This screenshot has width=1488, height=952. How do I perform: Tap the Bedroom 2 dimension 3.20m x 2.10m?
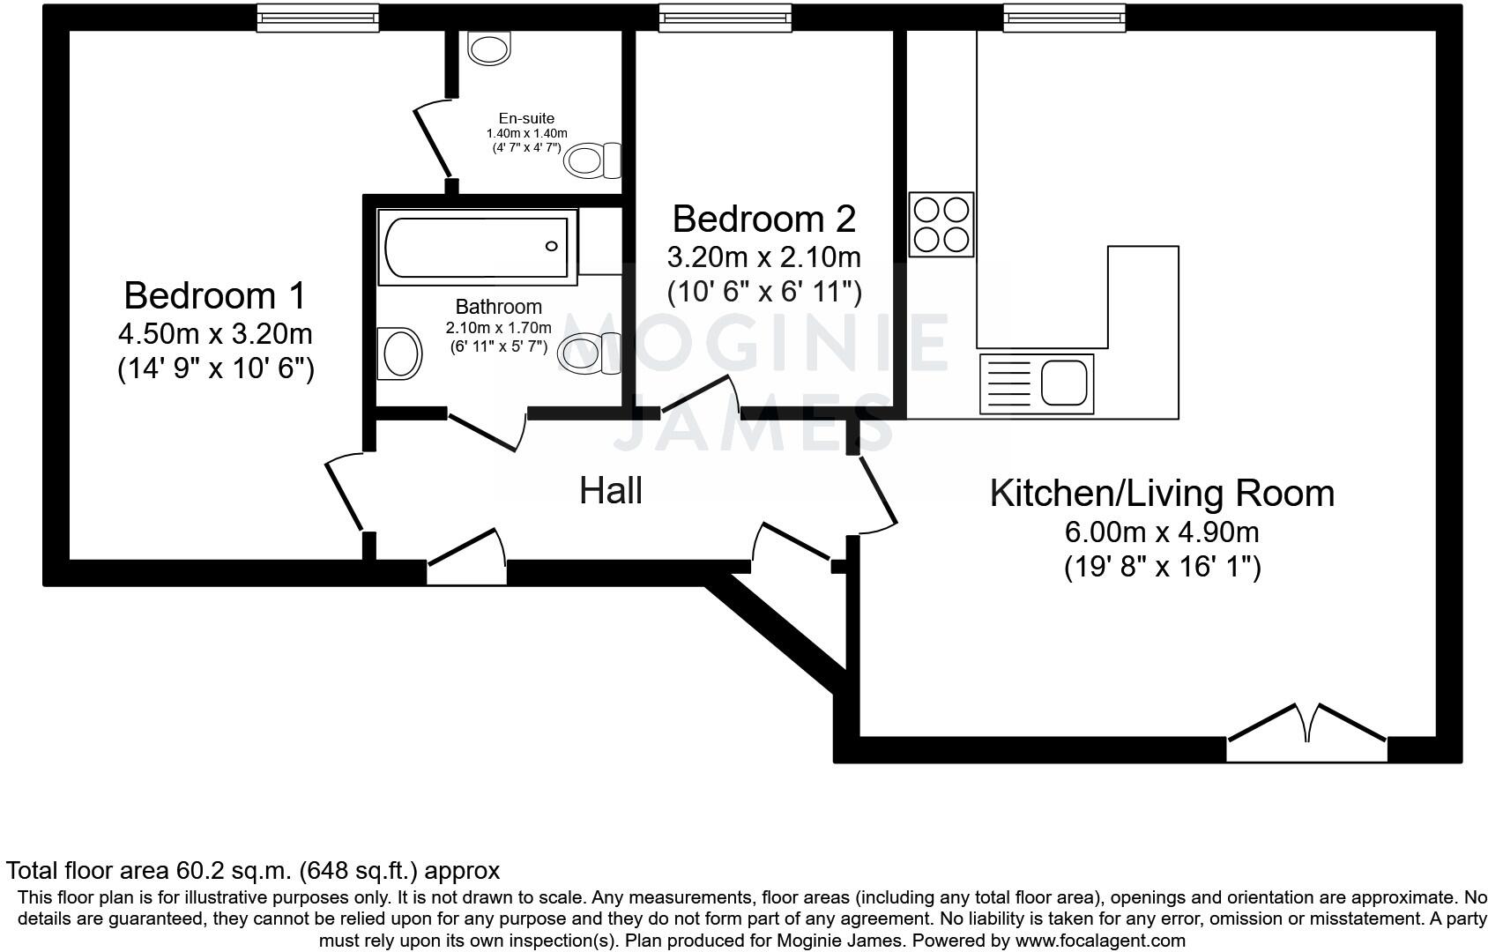763,257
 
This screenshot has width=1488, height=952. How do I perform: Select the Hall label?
610,491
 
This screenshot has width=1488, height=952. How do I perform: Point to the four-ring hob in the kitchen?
941,224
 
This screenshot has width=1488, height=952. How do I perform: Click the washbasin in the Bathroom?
399,353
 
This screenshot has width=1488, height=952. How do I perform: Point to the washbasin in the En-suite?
489,48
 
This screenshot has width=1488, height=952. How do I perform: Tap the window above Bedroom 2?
725,17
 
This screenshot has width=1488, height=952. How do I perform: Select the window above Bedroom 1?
317,17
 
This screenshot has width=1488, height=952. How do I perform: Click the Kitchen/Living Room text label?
1162,493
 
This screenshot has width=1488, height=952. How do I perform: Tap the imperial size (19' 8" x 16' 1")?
1162,566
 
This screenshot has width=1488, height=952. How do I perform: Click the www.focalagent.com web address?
1100,941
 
